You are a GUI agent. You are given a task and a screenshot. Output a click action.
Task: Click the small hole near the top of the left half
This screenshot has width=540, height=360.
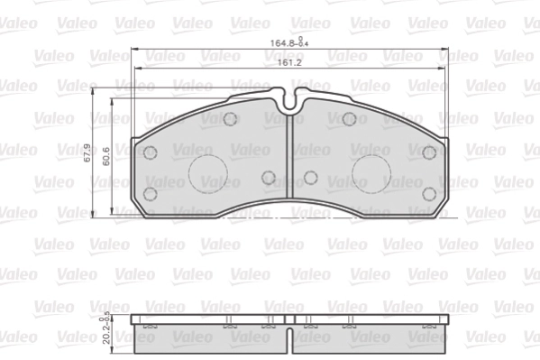point(230,119)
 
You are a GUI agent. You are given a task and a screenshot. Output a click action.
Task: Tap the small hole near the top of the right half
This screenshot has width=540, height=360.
point(349,119)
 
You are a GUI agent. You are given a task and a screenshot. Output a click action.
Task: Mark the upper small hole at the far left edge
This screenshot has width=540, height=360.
point(151,152)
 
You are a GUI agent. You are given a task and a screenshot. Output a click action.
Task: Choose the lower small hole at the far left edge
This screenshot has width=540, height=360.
point(151,193)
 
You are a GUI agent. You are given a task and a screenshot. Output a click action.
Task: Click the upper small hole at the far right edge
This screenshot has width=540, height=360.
point(429,152)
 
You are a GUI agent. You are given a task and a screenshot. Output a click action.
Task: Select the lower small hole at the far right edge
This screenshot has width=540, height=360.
point(429,193)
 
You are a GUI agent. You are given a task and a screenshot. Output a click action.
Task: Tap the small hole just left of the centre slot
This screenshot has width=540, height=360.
point(269,178)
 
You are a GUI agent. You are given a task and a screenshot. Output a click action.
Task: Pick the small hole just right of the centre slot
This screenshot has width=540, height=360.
point(310,178)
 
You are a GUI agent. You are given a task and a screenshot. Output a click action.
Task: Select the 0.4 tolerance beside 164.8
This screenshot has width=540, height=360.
point(303,42)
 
